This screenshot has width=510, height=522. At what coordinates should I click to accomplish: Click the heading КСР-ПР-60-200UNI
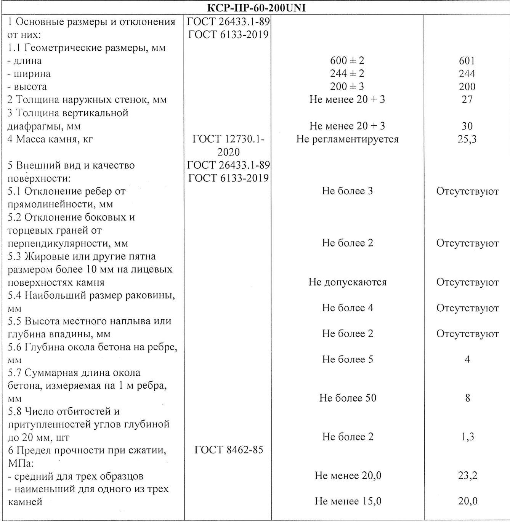click(255, 8)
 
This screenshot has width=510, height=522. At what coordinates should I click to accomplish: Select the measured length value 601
click(467, 61)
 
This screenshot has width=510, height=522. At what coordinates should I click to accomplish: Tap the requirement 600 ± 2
click(347, 61)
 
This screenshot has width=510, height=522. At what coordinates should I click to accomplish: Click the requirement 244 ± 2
click(347, 74)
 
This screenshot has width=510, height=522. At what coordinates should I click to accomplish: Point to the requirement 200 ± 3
click(347, 86)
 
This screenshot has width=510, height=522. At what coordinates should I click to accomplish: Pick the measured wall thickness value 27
click(467, 99)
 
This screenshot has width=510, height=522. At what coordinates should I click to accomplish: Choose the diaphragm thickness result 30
click(467, 126)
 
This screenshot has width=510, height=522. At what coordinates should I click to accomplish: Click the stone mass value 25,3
click(467, 139)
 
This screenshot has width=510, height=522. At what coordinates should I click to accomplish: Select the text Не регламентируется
click(347, 139)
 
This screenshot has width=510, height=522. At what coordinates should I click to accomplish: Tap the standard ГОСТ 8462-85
click(229, 450)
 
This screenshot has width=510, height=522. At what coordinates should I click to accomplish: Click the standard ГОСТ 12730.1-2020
click(228, 145)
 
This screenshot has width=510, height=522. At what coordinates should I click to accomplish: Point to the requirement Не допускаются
click(347, 282)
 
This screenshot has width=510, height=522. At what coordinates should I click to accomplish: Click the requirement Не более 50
click(348, 398)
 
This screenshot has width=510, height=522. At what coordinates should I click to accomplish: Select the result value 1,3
click(467, 437)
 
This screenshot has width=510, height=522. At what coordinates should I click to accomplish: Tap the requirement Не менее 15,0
click(348, 501)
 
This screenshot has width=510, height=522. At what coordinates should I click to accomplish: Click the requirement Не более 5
click(347, 359)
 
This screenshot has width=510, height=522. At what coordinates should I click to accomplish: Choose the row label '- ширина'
click(29, 74)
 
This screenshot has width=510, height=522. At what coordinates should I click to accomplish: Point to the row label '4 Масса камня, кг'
click(50, 139)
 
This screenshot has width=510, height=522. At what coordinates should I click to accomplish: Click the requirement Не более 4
click(347, 308)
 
